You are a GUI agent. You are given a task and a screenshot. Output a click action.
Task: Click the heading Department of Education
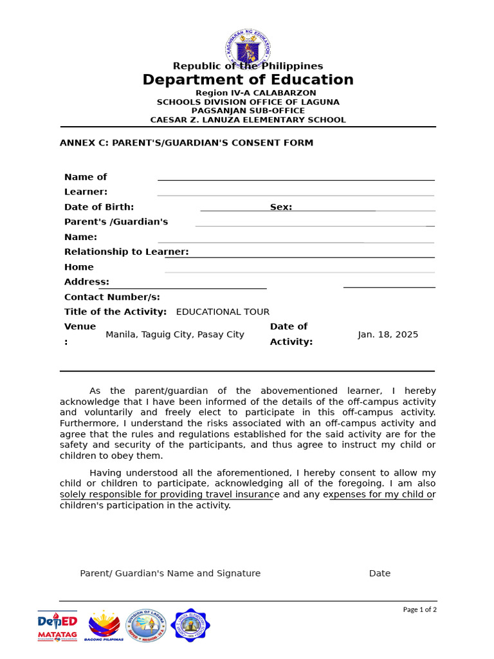pyautogui.click(x=248, y=80)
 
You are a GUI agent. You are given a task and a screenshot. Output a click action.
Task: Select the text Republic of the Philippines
pyautogui.click(x=248, y=66)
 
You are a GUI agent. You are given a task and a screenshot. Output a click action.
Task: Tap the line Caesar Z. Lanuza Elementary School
pyautogui.click(x=248, y=120)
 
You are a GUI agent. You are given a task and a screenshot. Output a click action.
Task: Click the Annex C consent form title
pyautogui.click(x=187, y=143)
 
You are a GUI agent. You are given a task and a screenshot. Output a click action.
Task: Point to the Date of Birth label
pyautogui.click(x=99, y=207)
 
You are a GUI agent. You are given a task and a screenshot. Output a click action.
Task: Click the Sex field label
pyautogui.click(x=281, y=207)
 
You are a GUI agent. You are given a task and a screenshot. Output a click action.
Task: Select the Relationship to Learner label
pyautogui.click(x=126, y=252)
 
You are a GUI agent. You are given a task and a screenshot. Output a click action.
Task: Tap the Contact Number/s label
pyautogui.click(x=112, y=297)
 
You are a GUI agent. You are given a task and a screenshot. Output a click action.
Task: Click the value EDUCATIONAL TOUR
pyautogui.click(x=223, y=312)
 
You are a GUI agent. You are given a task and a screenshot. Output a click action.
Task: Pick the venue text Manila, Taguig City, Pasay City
pyautogui.click(x=175, y=335)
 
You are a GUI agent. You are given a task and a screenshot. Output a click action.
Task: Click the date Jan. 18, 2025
pyautogui.click(x=388, y=335)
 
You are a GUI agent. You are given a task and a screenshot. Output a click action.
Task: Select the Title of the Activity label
pyautogui.click(x=115, y=312)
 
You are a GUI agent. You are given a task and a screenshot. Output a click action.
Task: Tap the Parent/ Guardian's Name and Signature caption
pyautogui.click(x=170, y=573)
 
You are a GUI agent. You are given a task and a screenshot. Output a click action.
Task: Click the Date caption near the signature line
pyautogui.click(x=380, y=573)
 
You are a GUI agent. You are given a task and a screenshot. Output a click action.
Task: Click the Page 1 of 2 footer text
pyautogui.click(x=419, y=609)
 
